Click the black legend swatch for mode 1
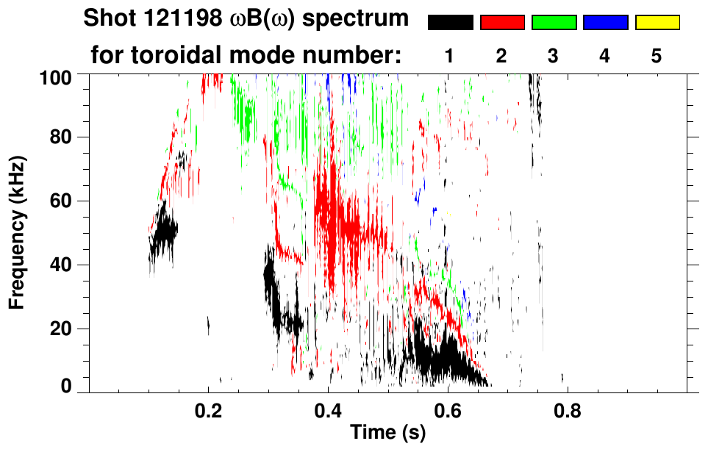click(x=451, y=23)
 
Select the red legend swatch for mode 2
click(x=502, y=23)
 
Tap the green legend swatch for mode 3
click(x=554, y=23)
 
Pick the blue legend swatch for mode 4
click(x=605, y=23)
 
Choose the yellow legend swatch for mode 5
click(x=657, y=23)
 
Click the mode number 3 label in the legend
click(x=554, y=56)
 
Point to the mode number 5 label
click(x=657, y=56)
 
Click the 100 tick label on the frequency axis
click(x=57, y=76)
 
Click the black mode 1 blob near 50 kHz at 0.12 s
click(x=163, y=234)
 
